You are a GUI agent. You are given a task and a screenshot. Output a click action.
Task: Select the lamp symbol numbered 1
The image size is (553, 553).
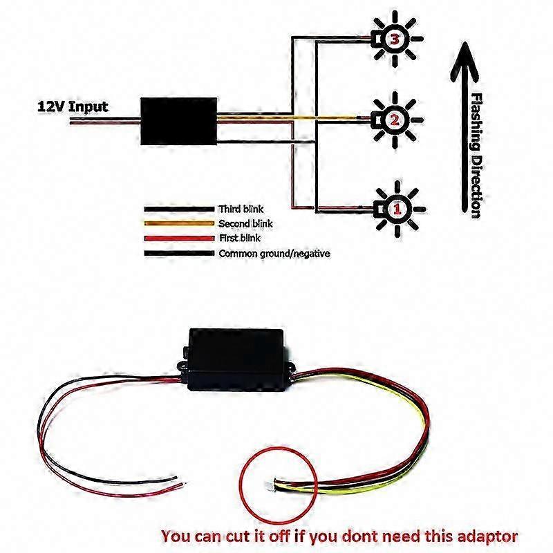click(396, 206)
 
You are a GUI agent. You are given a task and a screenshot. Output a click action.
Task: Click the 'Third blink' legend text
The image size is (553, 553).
click(241, 208)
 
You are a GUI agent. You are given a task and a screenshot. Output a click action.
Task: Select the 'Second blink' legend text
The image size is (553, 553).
click(245, 223)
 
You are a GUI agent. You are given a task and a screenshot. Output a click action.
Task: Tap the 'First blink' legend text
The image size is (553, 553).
click(239, 238)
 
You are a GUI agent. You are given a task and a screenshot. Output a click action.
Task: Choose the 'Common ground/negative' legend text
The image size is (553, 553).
click(274, 254)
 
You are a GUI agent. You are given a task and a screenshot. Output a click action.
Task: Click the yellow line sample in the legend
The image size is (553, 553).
click(178, 223)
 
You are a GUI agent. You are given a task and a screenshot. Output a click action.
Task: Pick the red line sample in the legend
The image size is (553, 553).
click(178, 238)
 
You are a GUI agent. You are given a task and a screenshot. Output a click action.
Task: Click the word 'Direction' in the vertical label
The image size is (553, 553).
click(475, 183)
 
